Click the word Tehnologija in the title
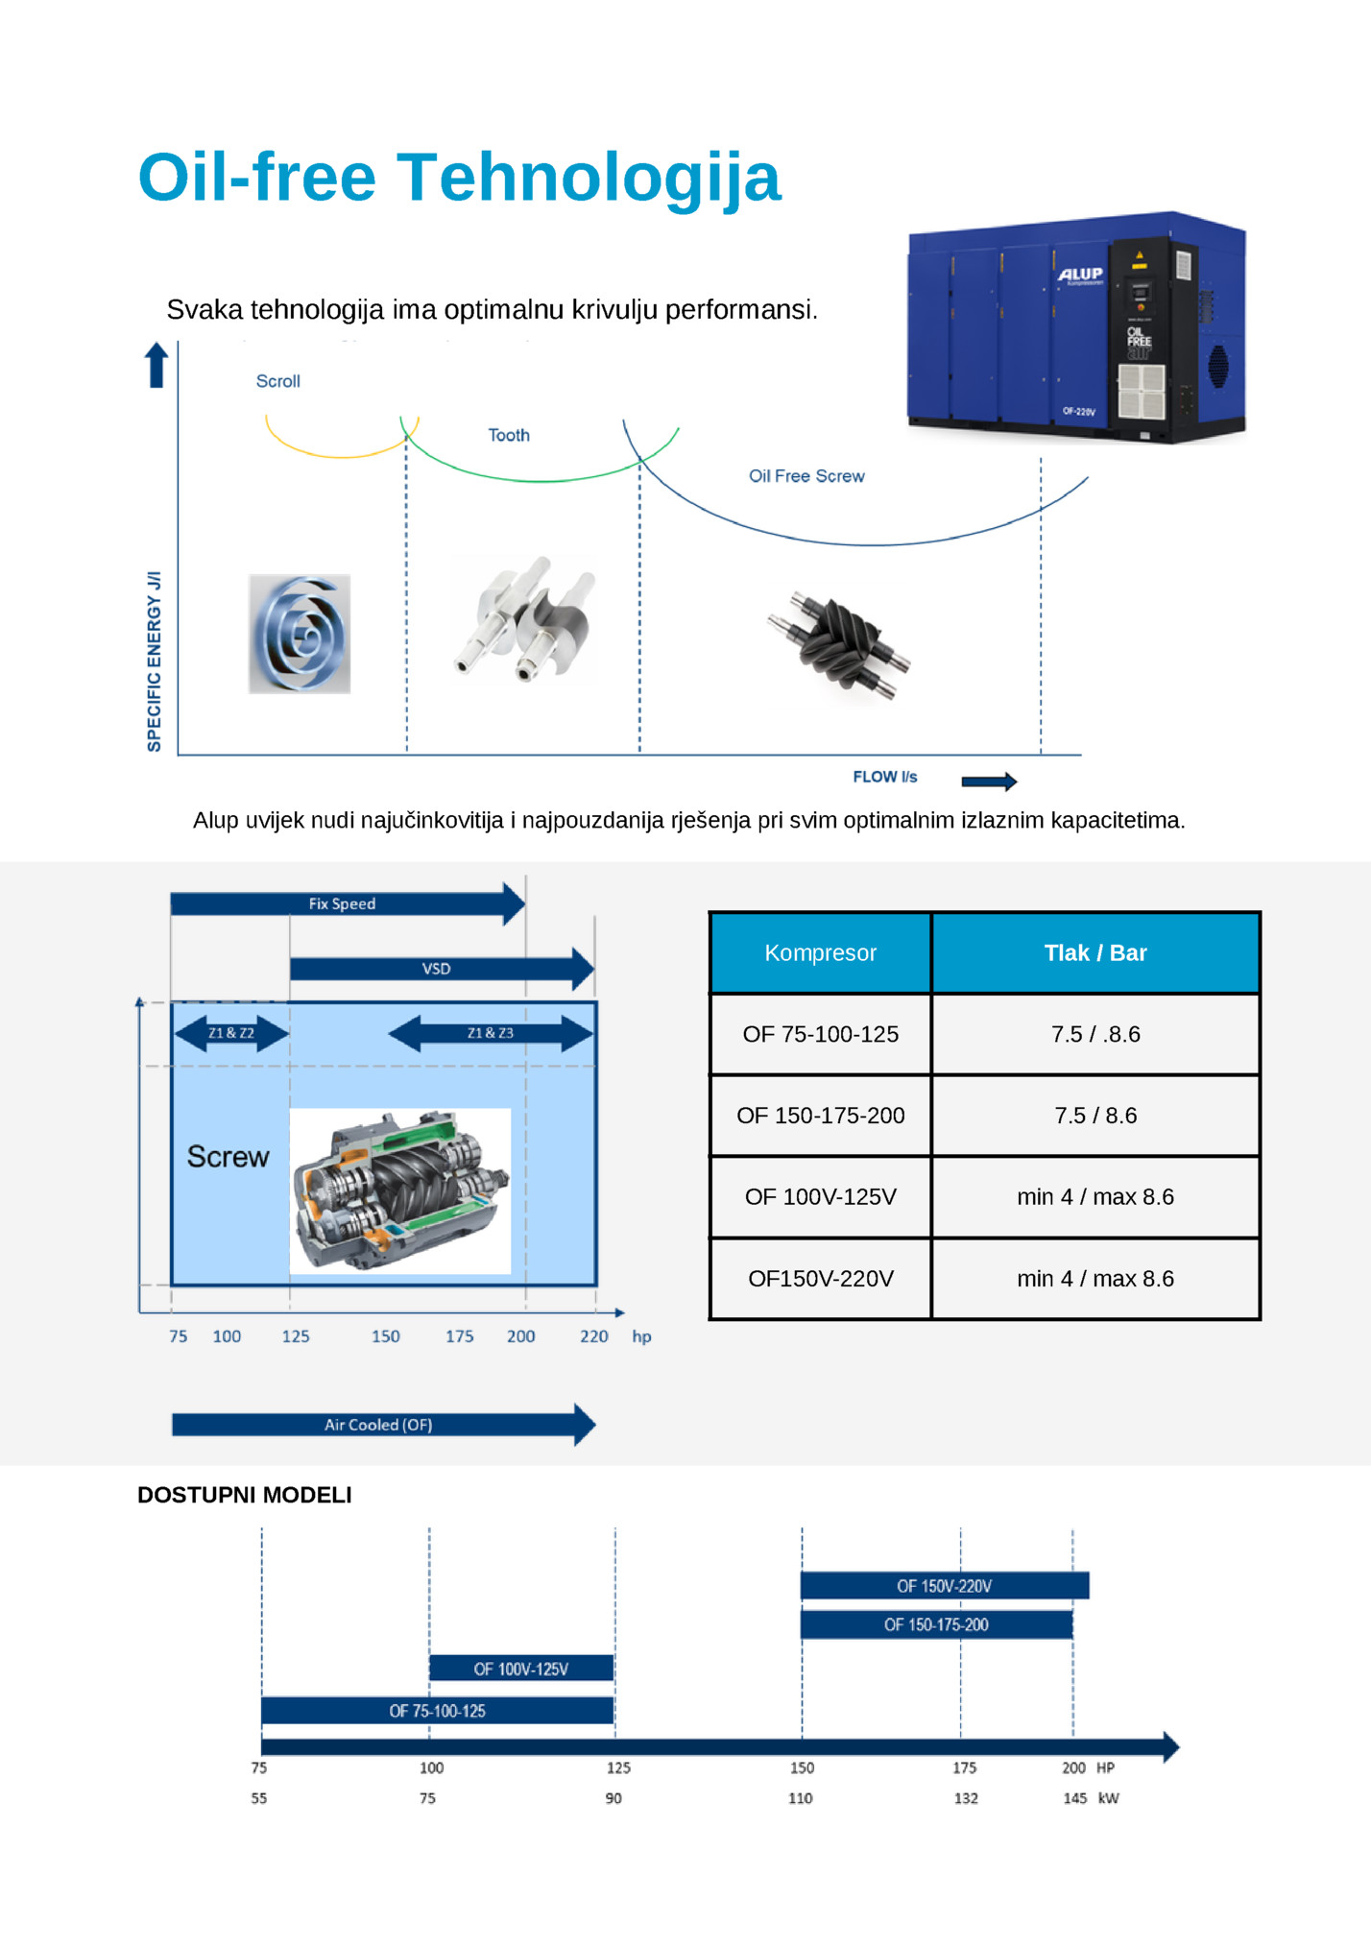tap(589, 179)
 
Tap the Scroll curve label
tap(278, 381)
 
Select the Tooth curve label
tap(509, 435)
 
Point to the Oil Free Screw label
tap(806, 476)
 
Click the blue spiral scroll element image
tap(300, 634)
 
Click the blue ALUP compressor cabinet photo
tap(1076, 327)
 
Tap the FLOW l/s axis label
tap(885, 777)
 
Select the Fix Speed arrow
tap(348, 903)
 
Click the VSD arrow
tap(442, 969)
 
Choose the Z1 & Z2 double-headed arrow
tap(231, 1033)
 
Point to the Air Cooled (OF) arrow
tap(384, 1425)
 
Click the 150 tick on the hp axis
tap(386, 1336)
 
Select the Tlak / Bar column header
tap(1095, 952)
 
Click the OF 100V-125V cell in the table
tap(821, 1197)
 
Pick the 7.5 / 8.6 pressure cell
tap(1095, 1116)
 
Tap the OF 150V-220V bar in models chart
tap(945, 1586)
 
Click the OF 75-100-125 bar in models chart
tap(438, 1711)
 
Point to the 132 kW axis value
tap(966, 1798)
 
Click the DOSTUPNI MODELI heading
tap(245, 1495)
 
